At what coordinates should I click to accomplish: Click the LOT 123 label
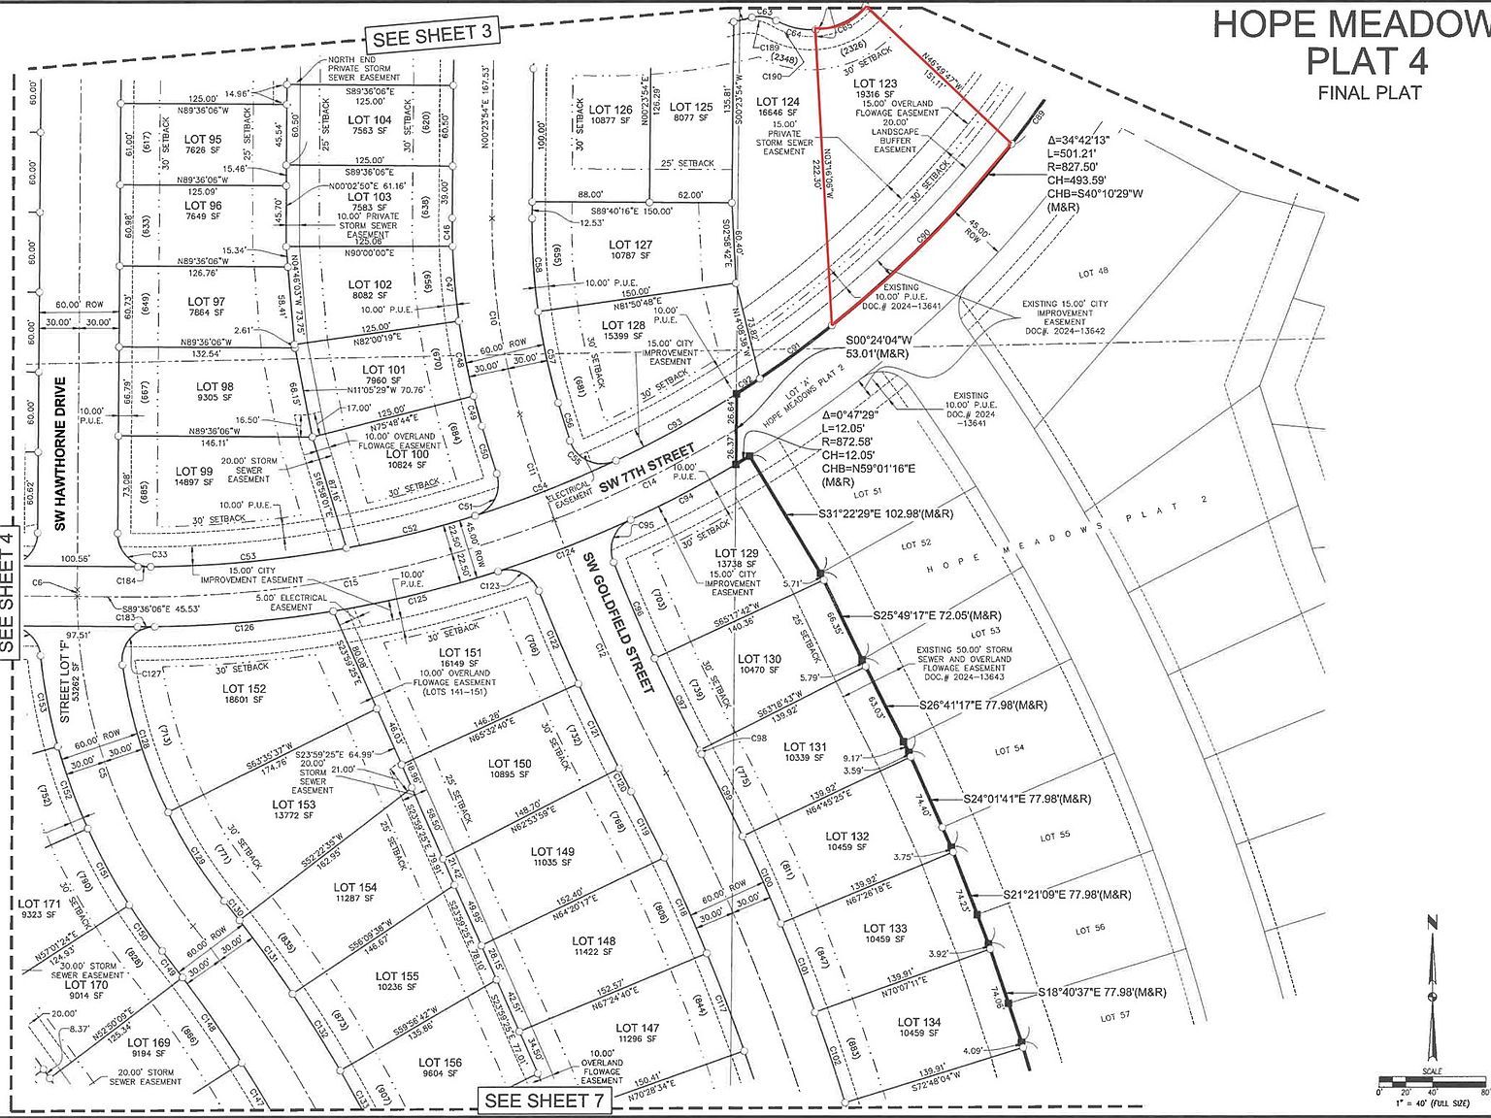875,84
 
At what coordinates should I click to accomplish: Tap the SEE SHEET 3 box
431,35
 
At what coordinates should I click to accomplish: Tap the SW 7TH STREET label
646,469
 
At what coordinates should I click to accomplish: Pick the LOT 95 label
203,140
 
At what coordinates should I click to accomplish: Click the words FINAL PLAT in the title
1369,93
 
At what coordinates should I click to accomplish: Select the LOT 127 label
631,246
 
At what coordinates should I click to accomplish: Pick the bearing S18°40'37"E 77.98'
1102,992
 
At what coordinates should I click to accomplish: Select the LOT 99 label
193,472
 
